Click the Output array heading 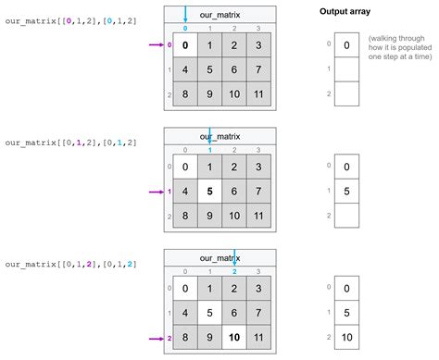[x=345, y=12]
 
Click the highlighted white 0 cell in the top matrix [x=185, y=45]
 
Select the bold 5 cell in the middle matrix [x=209, y=192]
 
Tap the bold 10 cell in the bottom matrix [x=234, y=337]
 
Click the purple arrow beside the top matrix [x=157, y=44]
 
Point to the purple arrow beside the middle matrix [x=157, y=192]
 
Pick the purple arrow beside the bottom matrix [x=157, y=339]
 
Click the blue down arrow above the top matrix [x=185, y=14]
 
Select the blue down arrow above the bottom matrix [x=234, y=257]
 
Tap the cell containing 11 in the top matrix [x=258, y=93]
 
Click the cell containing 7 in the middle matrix [x=258, y=192]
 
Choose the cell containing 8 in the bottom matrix [x=185, y=337]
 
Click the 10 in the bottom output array [x=346, y=337]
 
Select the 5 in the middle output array [x=346, y=192]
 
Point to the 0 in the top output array [x=346, y=45]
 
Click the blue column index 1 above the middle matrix [x=210, y=150]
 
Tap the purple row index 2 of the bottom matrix [x=169, y=339]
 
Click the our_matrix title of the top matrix [x=219, y=15]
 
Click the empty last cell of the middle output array [x=346, y=216]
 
